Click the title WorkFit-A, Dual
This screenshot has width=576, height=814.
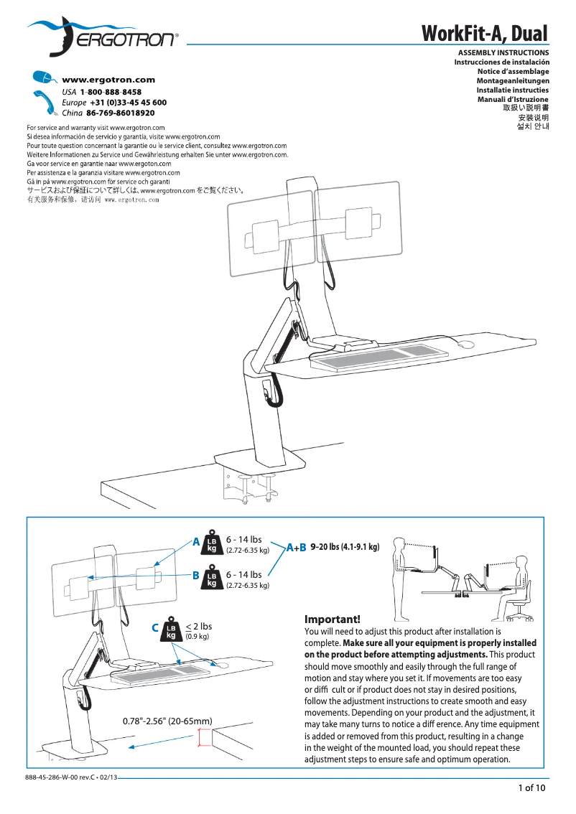coord(484,33)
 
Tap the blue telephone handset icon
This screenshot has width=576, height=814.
coord(45,102)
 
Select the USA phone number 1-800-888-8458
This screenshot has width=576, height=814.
coord(111,93)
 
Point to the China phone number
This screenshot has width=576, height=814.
coord(120,113)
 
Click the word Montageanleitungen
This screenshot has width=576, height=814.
coord(513,80)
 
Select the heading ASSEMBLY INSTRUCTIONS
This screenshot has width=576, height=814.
coord(503,52)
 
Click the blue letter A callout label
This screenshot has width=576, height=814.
coord(195,542)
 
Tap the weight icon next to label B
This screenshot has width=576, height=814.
coord(212,579)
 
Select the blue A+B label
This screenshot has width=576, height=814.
coord(296,548)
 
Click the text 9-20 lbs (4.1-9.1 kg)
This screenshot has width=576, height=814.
coord(345,548)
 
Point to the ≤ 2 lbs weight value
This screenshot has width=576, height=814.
coord(198,627)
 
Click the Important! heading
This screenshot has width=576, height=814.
coord(332,619)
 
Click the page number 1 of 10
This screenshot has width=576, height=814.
coord(532,789)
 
